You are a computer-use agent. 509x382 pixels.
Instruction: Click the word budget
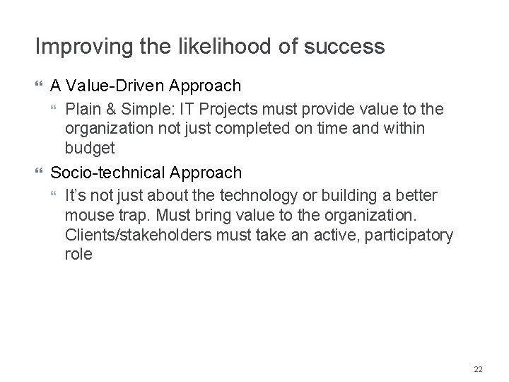pos(88,149)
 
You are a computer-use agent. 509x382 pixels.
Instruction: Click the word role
pos(78,254)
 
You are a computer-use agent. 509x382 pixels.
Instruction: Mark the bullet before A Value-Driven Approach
pos(39,86)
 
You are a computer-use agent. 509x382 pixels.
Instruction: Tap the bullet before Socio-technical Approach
pos(39,173)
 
